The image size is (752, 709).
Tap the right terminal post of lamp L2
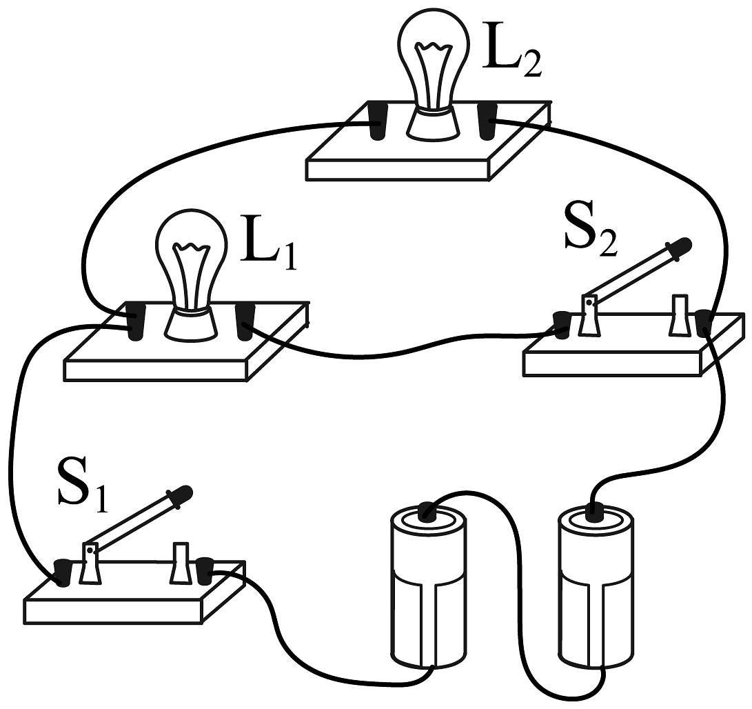(x=488, y=121)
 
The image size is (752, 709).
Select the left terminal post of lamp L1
(x=136, y=323)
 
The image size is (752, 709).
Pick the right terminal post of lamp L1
(x=245, y=321)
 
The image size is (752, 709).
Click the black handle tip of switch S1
(x=183, y=492)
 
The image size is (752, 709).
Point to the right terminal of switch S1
(x=205, y=570)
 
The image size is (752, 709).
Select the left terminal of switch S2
(x=562, y=324)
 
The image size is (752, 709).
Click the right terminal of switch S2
(x=703, y=323)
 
